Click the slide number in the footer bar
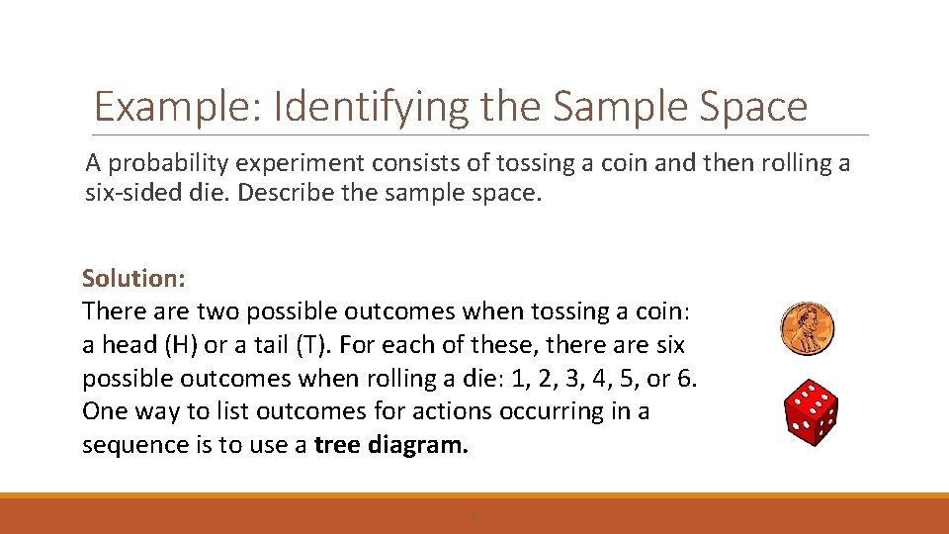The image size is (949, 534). click(x=474, y=516)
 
